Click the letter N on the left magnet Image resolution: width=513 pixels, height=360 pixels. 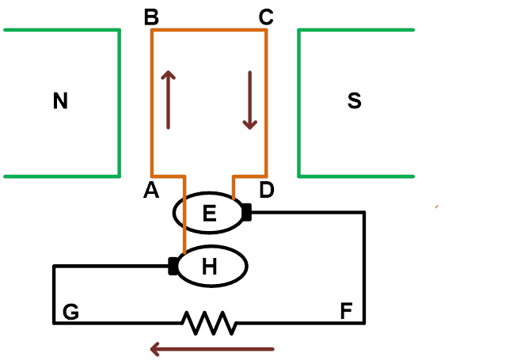pos(60,100)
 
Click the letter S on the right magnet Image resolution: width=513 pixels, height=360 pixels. pos(355,100)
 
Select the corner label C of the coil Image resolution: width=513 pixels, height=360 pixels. pos(266,16)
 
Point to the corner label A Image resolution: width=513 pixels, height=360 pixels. pos(150,190)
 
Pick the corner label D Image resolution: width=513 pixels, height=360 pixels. pos(266,190)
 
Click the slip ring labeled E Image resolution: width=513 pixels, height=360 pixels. pos(209,213)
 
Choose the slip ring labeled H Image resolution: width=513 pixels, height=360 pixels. pos(210,267)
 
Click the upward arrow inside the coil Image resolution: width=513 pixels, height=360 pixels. pos(169,99)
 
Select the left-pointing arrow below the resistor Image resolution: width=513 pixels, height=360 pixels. pos(211,348)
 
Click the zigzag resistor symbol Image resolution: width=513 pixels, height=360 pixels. pos(210,323)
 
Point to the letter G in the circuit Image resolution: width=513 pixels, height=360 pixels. pos(70,312)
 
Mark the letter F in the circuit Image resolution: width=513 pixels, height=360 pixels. pos(346,312)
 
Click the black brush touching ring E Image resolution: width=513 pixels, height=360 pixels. pos(248,212)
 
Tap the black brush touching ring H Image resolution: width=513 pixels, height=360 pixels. pos(172,267)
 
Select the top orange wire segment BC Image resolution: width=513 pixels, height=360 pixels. pos(208,30)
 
